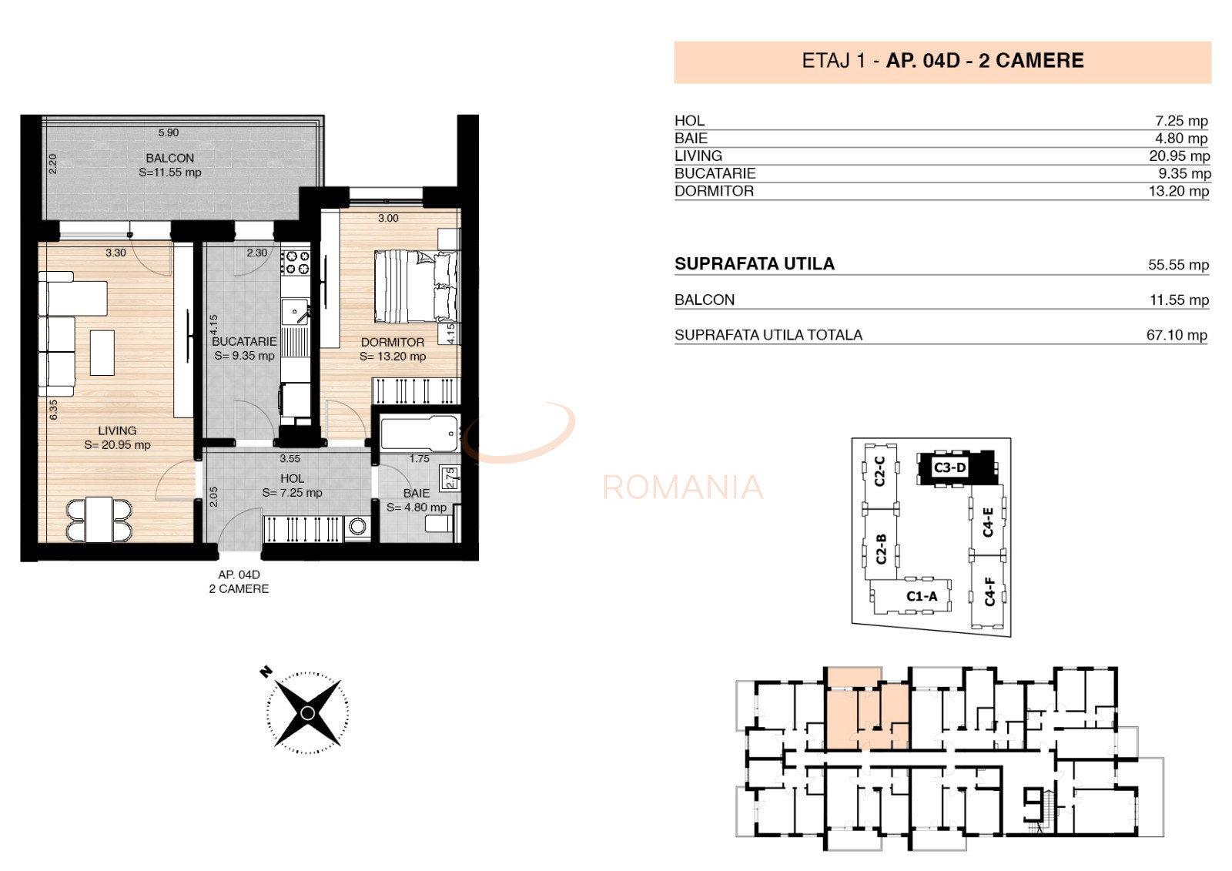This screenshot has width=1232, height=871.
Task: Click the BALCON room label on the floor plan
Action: click(170, 158)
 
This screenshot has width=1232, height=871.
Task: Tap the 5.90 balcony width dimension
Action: click(169, 132)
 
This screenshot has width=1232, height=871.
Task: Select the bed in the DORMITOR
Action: click(417, 286)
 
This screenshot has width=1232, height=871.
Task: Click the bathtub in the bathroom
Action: click(420, 434)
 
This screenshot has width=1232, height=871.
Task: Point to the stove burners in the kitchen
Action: click(296, 263)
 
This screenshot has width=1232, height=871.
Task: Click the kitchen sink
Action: click(296, 313)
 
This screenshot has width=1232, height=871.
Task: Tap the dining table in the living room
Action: click(99, 519)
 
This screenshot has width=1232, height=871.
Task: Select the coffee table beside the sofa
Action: click(102, 353)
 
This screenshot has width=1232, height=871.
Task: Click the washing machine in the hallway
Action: click(357, 528)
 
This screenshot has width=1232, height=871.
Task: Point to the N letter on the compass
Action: click(266, 672)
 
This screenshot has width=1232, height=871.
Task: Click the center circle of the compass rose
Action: click(308, 714)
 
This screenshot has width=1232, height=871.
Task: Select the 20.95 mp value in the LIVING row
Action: click(1179, 156)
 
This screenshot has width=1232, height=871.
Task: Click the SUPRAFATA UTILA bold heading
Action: click(755, 264)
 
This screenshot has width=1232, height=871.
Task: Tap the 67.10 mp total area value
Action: click(1177, 335)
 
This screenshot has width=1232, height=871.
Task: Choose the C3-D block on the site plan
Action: click(957, 468)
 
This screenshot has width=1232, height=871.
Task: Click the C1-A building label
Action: click(922, 596)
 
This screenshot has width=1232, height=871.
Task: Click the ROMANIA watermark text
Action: click(683, 487)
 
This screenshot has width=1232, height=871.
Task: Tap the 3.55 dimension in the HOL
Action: click(290, 459)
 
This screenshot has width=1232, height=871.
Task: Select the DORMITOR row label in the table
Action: click(714, 191)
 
